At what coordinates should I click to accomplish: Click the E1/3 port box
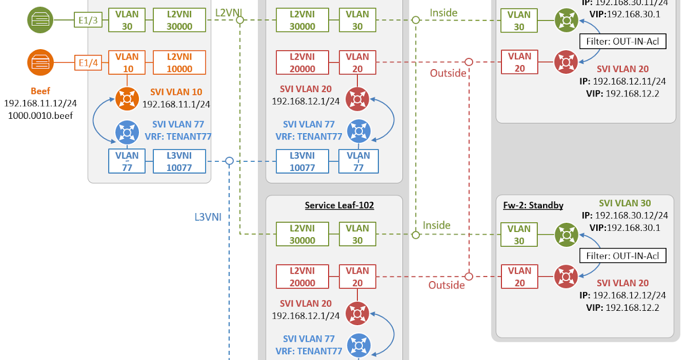pyautogui.click(x=88, y=21)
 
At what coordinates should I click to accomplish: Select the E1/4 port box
pyautogui.click(x=88, y=63)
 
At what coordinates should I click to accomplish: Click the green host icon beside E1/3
pyautogui.click(x=40, y=20)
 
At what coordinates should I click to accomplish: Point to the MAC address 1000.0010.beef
pyautogui.click(x=40, y=115)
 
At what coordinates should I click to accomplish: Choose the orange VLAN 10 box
pyautogui.click(x=127, y=63)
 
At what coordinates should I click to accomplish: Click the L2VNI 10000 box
pyautogui.click(x=180, y=63)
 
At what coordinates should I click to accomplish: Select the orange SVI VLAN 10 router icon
pyautogui.click(x=127, y=98)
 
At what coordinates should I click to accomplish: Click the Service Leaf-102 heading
pyautogui.click(x=339, y=205)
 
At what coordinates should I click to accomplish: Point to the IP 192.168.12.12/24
pyautogui.click(x=629, y=295)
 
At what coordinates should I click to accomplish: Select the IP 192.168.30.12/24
pyautogui.click(x=631, y=215)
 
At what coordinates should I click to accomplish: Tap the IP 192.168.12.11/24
pyautogui.click(x=629, y=81)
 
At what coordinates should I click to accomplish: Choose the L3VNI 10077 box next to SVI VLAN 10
pyautogui.click(x=180, y=161)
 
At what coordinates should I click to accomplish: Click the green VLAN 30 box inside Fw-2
pyautogui.click(x=519, y=235)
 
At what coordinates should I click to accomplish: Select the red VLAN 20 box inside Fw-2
pyautogui.click(x=519, y=277)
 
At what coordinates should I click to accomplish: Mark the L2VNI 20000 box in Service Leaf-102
pyautogui.click(x=302, y=277)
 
